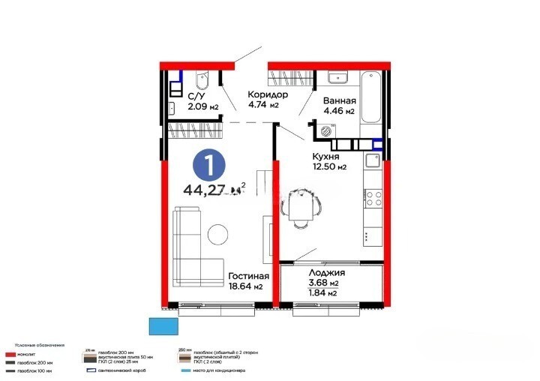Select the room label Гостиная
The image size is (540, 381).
249,276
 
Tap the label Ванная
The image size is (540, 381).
339,101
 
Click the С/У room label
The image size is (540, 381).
196,97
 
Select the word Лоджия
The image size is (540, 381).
327,273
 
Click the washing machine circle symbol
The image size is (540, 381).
325,130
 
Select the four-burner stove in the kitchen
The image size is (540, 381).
373,199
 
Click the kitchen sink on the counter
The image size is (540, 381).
372,160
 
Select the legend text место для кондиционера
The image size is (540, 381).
218,370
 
